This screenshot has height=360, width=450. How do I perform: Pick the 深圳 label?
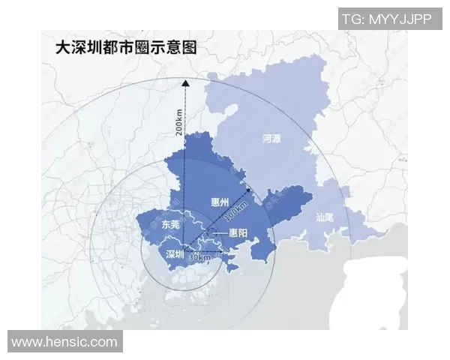(x=174, y=252)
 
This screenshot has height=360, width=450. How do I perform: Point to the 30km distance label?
(x=199, y=257)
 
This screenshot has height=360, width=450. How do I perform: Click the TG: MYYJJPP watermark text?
(x=386, y=19)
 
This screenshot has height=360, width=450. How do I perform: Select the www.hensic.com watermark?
(x=64, y=342)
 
